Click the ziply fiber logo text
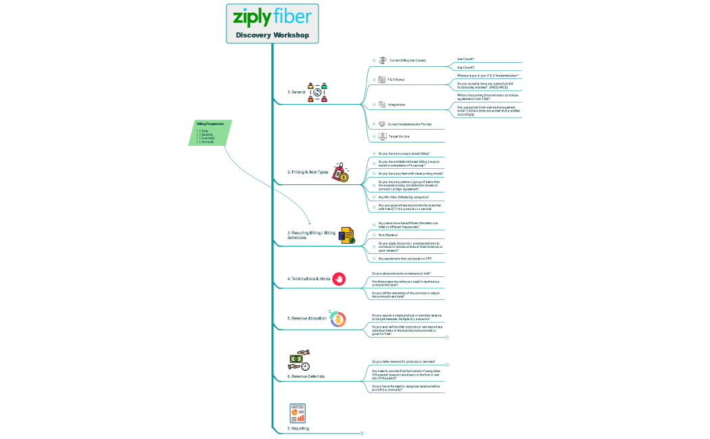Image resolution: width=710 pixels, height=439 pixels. coord(272,16)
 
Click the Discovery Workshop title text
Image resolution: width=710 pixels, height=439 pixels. coord(272,34)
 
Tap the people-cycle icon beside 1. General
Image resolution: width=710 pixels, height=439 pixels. coord(317,93)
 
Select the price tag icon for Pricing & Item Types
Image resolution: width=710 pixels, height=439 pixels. coord(340,172)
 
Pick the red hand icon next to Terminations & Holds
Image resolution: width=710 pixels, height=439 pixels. coord(339,278)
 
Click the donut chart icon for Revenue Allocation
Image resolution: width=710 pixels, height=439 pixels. coord(337,319)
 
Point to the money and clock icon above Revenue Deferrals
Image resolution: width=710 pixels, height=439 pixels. coord(300,361)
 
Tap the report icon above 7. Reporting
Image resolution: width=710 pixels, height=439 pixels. coord(298,413)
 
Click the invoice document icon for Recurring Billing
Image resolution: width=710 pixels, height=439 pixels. coord(347,236)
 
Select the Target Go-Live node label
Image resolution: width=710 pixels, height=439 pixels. coord(399,136)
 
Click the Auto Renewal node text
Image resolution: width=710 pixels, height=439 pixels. coord(387,235)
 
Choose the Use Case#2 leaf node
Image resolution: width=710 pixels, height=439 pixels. coord(466,68)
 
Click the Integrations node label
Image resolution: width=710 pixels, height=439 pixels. coord(397,105)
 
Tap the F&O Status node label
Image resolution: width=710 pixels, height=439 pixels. coord(396,80)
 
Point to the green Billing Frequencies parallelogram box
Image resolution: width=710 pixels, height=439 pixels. coord(210,132)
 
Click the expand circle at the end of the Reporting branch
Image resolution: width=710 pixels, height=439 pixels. coord(362,433)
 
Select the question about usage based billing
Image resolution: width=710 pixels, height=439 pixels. coord(404,153)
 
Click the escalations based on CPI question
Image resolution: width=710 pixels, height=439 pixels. coord(404,259)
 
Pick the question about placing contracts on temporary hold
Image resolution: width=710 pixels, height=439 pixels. coord(401,274)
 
